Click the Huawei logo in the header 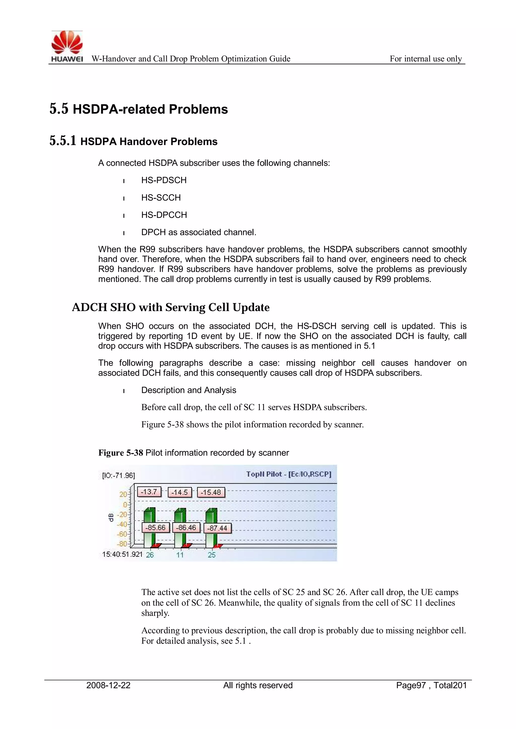tap(67, 46)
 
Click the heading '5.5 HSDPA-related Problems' tap(139, 109)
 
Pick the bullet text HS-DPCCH tap(164, 215)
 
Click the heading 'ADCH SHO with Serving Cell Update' tap(171, 307)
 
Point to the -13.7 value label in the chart tap(149, 492)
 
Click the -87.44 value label tap(218, 528)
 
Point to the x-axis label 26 tap(150, 555)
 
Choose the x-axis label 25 tap(212, 555)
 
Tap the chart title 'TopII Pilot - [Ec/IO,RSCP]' tap(288, 474)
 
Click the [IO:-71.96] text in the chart tap(118, 475)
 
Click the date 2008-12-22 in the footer tap(108, 685)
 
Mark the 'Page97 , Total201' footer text tap(431, 685)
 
